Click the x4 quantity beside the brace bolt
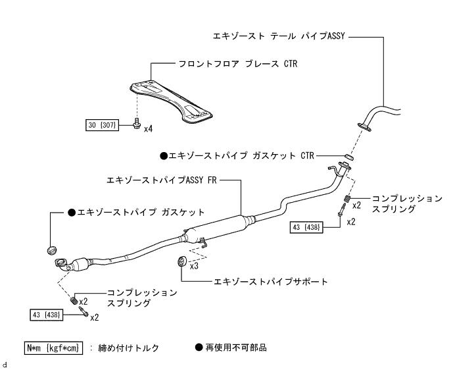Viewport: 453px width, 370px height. (149, 128)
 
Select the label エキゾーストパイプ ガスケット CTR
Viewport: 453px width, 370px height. (237, 156)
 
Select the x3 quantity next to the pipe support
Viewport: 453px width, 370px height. (194, 267)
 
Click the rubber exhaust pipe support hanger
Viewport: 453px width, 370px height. (181, 263)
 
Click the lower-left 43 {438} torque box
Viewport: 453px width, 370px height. (47, 315)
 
